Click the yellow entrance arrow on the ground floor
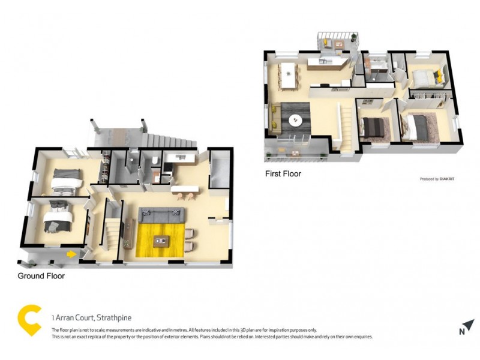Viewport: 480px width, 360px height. (x=72, y=254)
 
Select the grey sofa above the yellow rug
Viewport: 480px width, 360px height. (x=161, y=213)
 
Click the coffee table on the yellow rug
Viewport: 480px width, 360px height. (x=161, y=242)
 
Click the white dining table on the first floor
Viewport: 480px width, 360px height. (x=291, y=74)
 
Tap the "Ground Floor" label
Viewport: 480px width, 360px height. (x=41, y=276)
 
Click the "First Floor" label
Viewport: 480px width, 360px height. (x=283, y=174)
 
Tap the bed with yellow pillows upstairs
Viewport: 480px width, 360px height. (x=427, y=77)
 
